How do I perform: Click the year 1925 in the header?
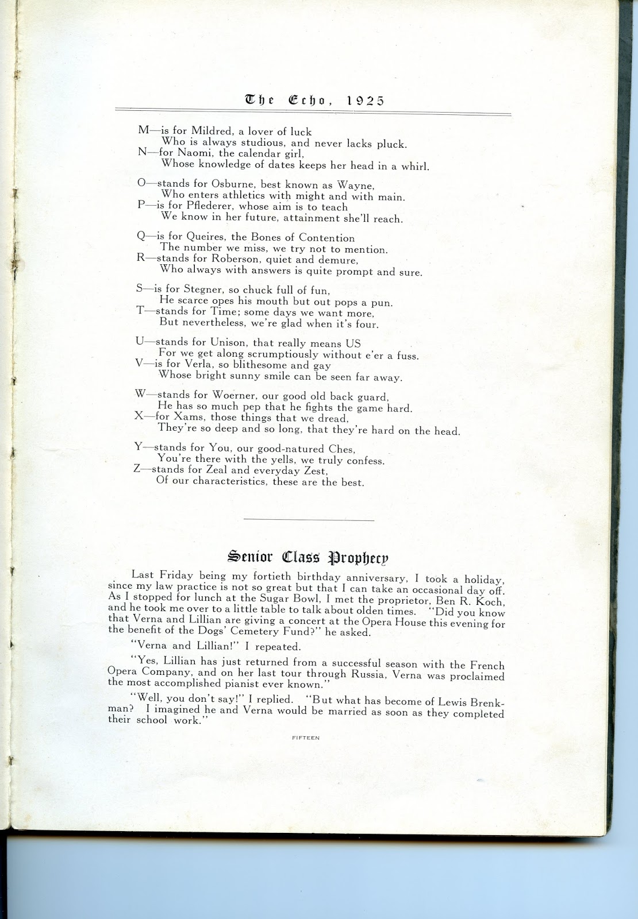366,100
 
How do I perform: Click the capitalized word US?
353,343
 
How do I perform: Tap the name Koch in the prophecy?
491,601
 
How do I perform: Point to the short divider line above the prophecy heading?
309,520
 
